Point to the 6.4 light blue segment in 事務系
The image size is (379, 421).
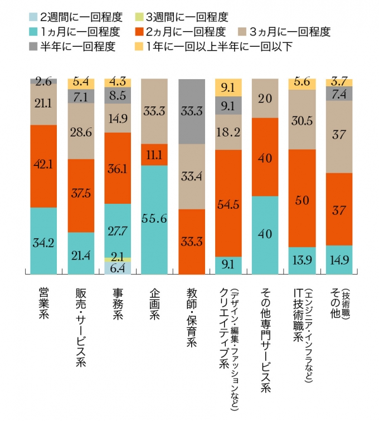click(x=118, y=268)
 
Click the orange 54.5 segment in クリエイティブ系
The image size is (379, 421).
click(x=228, y=203)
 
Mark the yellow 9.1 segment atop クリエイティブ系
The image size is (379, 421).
click(x=228, y=87)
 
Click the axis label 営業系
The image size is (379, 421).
click(x=43, y=304)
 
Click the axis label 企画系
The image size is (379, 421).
click(x=154, y=304)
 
